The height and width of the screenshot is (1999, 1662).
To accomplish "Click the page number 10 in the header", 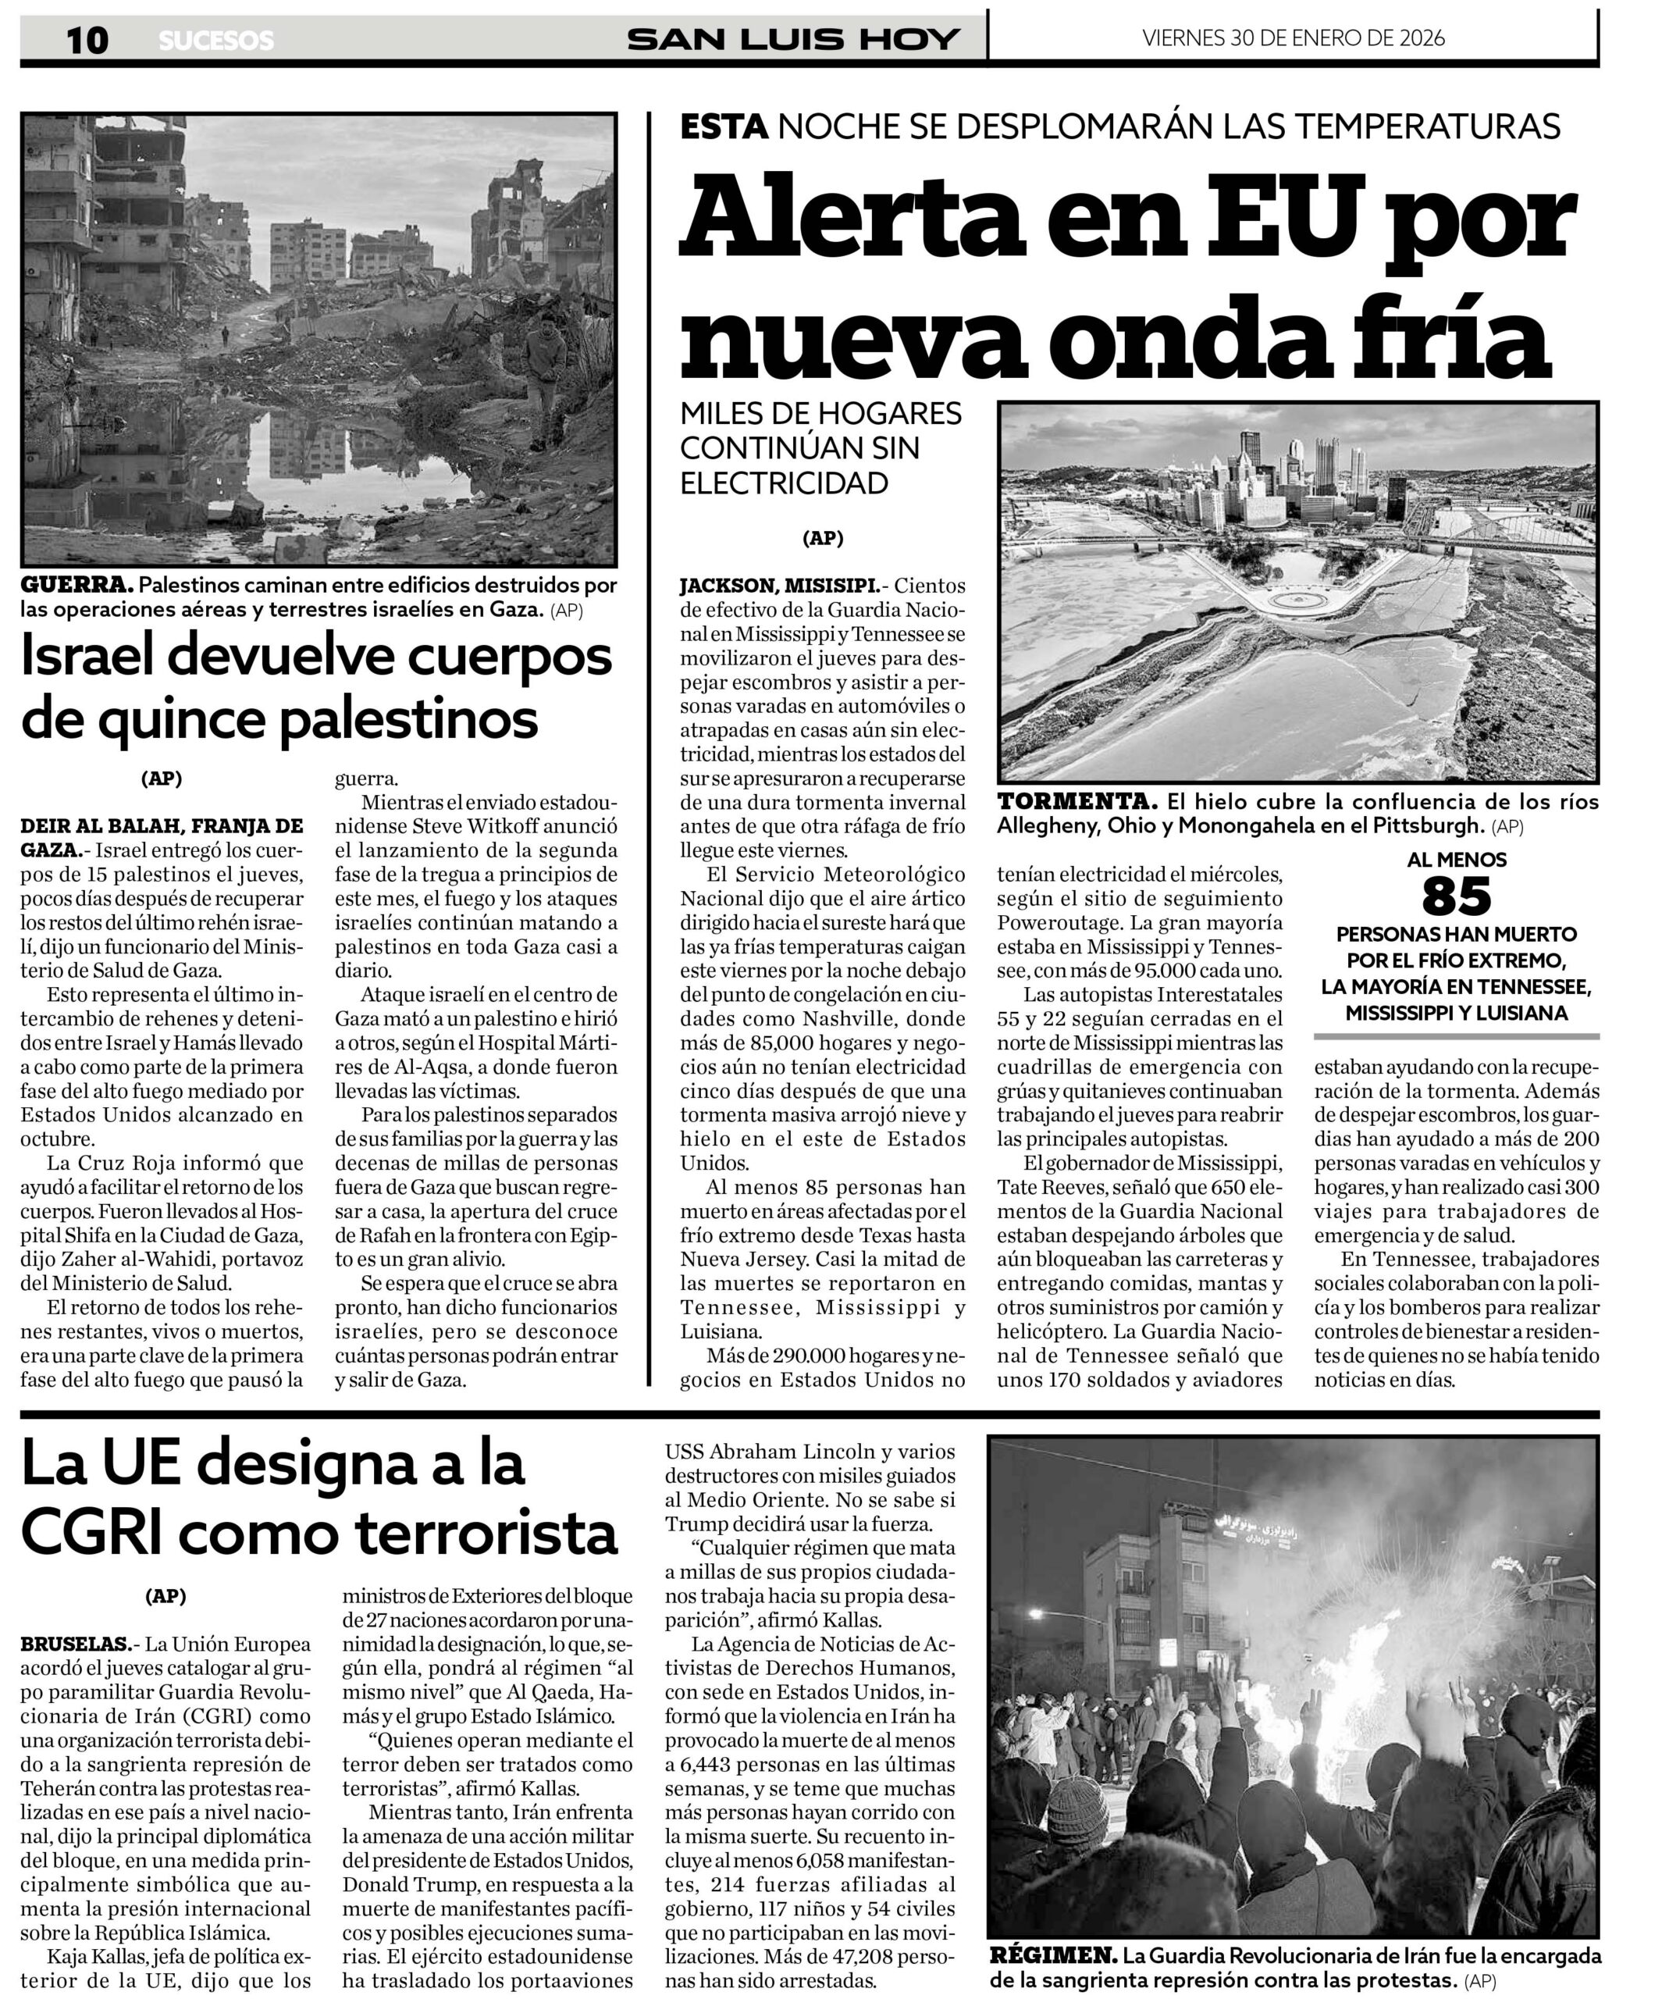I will [x=87, y=40].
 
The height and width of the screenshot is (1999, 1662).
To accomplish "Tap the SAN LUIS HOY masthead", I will [x=793, y=39].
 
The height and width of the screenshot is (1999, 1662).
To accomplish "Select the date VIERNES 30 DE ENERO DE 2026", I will [x=1293, y=38].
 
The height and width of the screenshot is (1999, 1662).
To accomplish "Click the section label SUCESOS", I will [x=216, y=41].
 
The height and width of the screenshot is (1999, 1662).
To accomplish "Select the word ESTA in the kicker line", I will [x=724, y=126].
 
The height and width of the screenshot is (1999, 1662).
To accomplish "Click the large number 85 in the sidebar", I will [x=1457, y=896].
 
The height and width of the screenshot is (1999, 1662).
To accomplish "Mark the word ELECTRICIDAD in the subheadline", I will [x=784, y=483].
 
